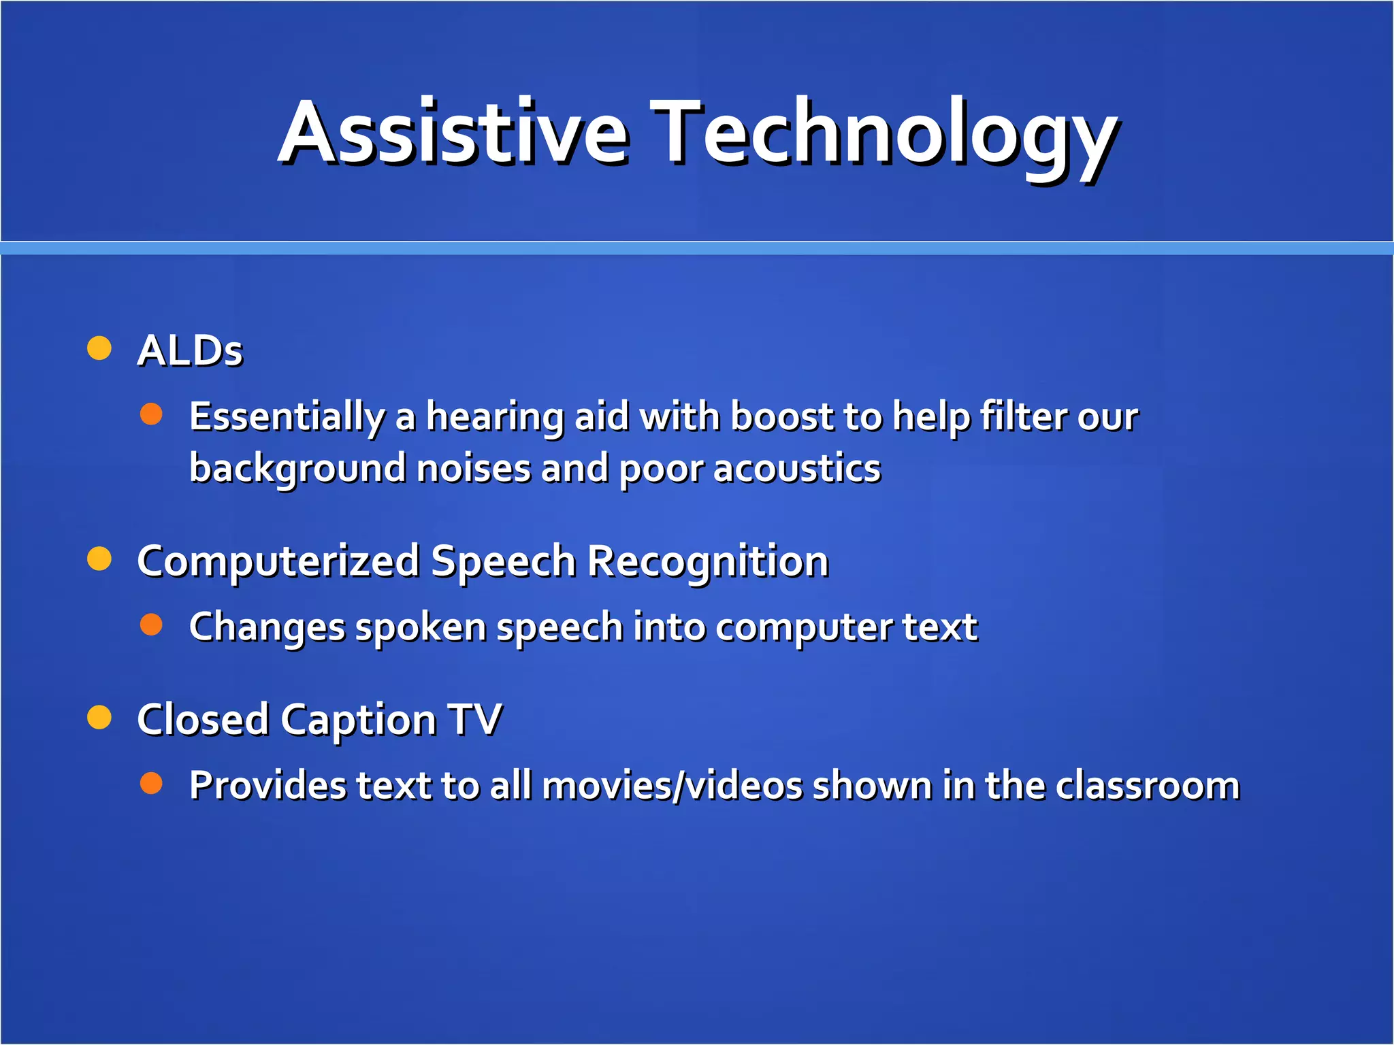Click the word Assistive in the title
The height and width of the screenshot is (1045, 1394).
point(453,133)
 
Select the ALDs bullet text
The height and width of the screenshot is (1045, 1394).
point(190,351)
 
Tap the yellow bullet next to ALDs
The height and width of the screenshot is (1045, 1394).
point(99,348)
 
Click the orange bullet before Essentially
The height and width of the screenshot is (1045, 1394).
point(151,414)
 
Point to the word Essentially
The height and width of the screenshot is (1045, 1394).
point(287,416)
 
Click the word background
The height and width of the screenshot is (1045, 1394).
point(297,469)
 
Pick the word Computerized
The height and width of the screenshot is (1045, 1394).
point(278,562)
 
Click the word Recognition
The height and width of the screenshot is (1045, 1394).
point(707,562)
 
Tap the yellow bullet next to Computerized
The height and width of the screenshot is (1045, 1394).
point(99,559)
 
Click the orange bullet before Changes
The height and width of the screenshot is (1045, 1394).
point(151,624)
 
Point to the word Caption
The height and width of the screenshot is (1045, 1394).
point(358,720)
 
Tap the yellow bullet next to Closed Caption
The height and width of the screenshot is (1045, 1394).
point(99,717)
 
